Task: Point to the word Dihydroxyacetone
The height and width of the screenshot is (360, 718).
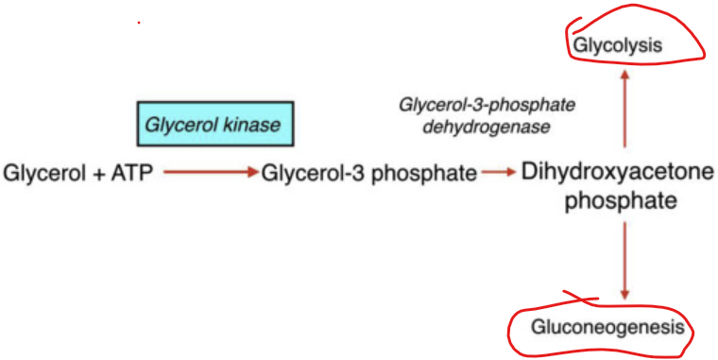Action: point(619,173)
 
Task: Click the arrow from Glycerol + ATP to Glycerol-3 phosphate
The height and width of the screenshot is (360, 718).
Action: point(209,173)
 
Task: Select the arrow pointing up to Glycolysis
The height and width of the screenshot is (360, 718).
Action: point(624,109)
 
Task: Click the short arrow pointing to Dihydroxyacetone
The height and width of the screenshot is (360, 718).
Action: point(498,173)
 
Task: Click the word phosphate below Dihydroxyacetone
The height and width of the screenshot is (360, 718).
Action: point(621,201)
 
